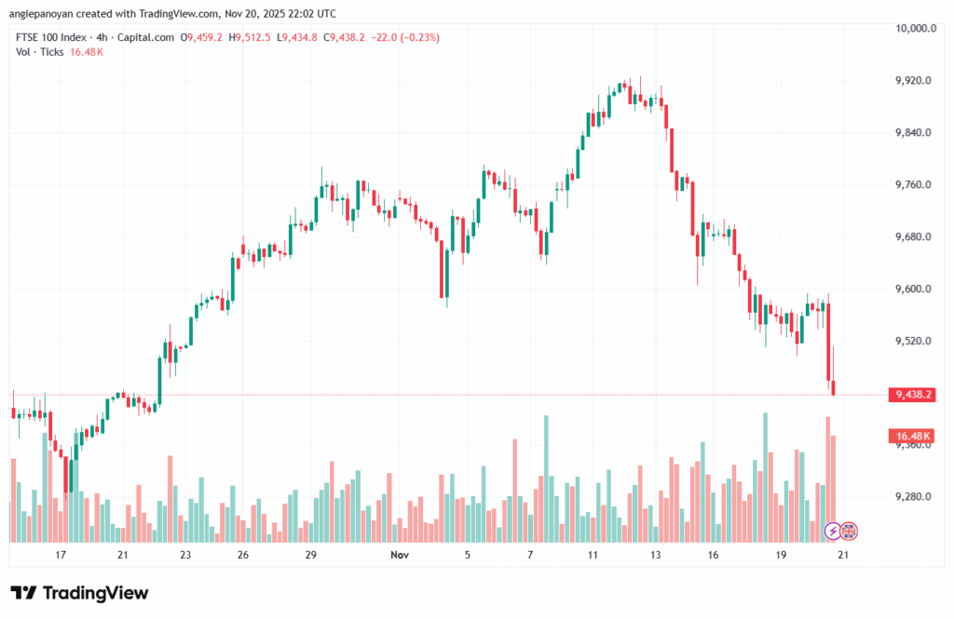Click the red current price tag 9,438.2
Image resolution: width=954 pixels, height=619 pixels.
[x=913, y=395]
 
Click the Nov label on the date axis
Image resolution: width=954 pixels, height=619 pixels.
[x=400, y=555]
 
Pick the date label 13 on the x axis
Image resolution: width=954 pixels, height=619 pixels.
[x=656, y=555]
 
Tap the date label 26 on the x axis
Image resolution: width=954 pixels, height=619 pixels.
[x=242, y=555]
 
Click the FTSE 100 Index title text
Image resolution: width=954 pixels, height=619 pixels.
[x=50, y=37]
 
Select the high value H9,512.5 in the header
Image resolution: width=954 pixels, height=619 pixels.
[x=252, y=37]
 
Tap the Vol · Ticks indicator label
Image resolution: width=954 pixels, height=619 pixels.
[x=40, y=52]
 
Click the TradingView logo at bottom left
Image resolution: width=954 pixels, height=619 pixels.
[x=79, y=593]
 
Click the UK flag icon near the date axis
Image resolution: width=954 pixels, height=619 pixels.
[x=849, y=532]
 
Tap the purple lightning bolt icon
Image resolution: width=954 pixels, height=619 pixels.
[x=833, y=532]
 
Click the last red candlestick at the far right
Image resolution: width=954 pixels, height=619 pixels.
[x=835, y=387]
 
